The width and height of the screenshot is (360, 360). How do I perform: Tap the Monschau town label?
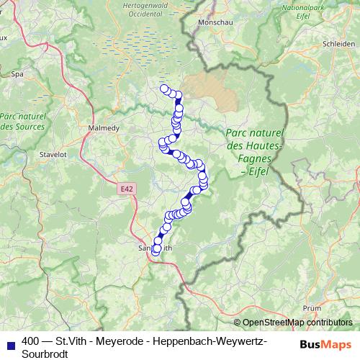(215, 42)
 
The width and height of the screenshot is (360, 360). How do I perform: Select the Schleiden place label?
(338, 42)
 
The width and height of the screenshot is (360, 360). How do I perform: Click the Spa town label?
(17, 73)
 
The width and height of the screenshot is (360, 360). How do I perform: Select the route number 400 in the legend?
(31, 341)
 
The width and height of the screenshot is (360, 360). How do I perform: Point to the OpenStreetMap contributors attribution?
(297, 323)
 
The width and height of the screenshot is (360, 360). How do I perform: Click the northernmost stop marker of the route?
(164, 89)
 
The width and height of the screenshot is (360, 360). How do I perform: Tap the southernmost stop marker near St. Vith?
(155, 251)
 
